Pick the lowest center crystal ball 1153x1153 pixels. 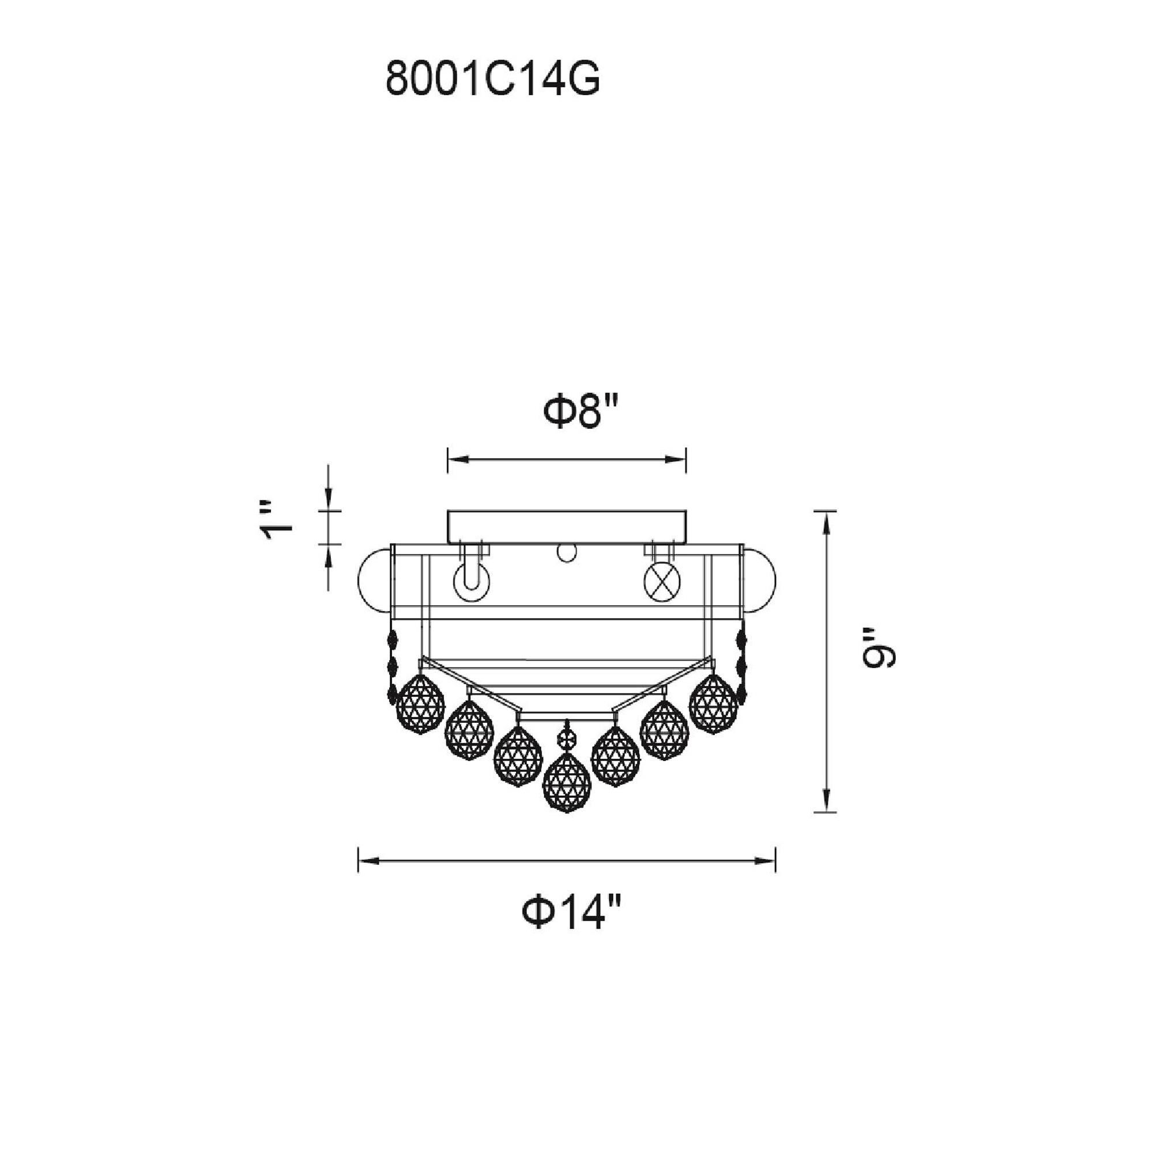coord(566,783)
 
